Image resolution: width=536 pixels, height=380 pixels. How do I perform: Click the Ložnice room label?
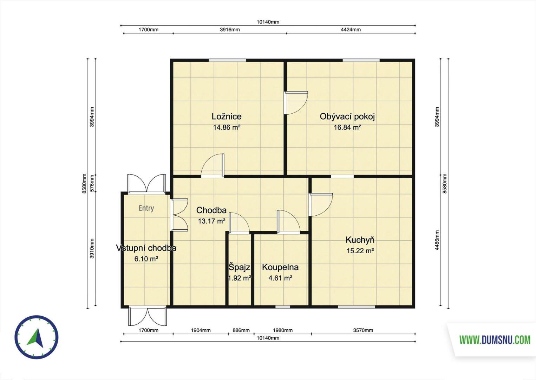(x=226, y=116)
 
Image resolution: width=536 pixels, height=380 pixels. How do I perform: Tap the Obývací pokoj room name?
(x=347, y=117)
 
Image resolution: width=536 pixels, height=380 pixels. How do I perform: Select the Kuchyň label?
(x=360, y=240)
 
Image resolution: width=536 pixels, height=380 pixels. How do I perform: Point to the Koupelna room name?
(x=280, y=267)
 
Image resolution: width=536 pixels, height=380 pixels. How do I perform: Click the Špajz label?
(x=239, y=267)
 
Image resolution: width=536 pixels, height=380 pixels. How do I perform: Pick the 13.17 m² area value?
(x=211, y=221)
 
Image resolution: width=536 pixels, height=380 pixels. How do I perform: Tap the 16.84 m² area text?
(x=347, y=127)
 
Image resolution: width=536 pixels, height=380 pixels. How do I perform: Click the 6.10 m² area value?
(x=146, y=259)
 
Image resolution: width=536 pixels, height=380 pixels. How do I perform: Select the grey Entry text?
(x=146, y=208)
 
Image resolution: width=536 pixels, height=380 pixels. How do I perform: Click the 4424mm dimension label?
(x=351, y=30)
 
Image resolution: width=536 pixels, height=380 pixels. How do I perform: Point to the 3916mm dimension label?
(x=230, y=30)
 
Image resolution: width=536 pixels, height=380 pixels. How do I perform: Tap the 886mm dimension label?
(x=241, y=330)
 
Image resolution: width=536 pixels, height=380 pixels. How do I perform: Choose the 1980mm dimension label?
(x=283, y=330)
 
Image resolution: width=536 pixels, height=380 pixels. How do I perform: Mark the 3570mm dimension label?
(x=363, y=330)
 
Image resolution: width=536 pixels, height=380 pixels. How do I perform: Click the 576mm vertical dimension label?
(x=92, y=183)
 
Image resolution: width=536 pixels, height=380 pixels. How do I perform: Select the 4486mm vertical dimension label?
(x=437, y=240)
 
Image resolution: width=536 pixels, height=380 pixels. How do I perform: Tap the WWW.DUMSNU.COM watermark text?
(x=495, y=340)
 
